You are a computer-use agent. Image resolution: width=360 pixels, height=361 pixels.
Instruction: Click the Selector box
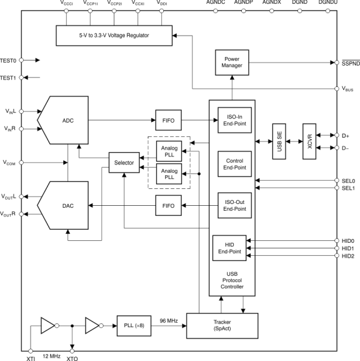[124, 163]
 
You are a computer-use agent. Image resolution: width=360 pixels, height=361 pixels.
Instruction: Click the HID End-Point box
[230, 248]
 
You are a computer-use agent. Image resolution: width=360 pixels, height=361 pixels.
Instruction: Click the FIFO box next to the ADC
[167, 119]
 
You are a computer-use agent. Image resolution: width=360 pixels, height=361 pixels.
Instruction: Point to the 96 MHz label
[168, 320]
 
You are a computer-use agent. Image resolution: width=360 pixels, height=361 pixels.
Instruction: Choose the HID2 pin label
[348, 256]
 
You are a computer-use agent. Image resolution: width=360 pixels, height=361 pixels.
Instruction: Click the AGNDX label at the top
[272, 3]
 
